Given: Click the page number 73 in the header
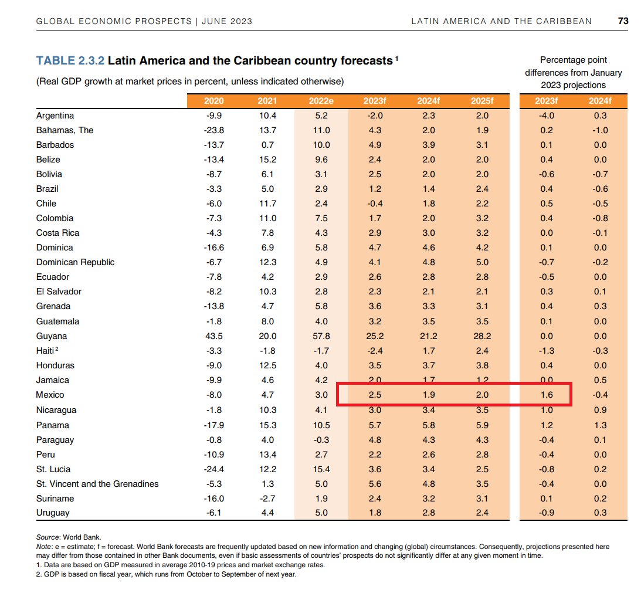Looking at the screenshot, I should point(623,21).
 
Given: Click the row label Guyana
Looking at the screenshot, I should point(52,336).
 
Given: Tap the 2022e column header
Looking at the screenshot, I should point(321,101).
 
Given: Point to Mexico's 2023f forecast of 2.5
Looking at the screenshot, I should point(375,395).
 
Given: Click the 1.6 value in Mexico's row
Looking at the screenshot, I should point(546,395).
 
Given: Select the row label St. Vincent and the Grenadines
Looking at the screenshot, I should point(97,484).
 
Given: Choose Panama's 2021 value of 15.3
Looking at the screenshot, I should point(267,425).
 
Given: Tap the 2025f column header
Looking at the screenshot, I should point(482,101).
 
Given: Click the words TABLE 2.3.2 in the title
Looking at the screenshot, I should point(70,60).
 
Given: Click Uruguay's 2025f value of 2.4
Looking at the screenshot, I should point(482,513).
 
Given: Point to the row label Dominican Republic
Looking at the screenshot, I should point(75,262).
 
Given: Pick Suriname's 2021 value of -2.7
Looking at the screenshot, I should point(267,499).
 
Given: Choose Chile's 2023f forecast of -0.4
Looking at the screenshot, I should point(374,204).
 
